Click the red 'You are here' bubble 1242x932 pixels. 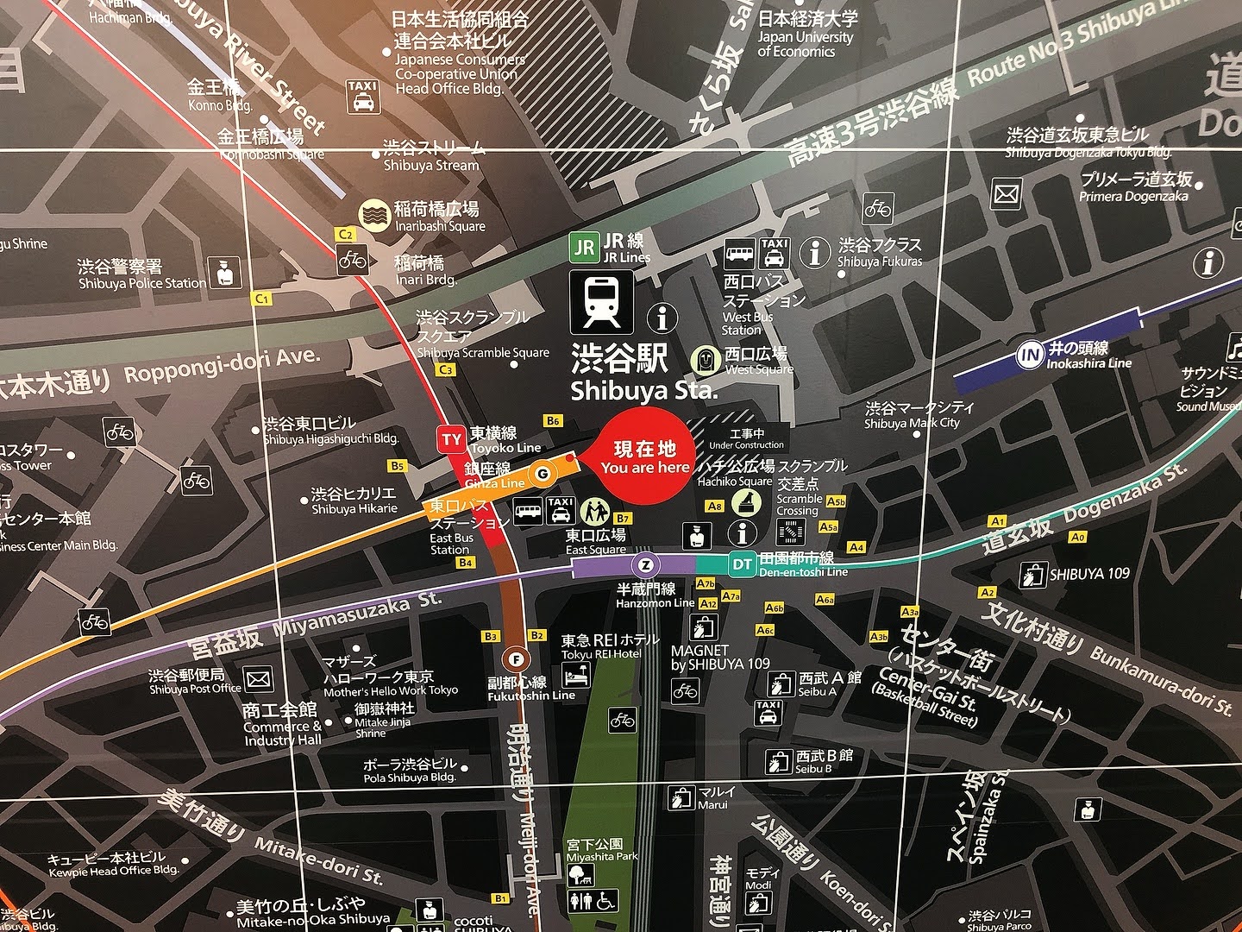pos(645,457)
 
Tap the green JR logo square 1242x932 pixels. pos(584,248)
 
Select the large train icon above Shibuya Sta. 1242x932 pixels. pos(601,302)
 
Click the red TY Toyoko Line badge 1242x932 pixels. pos(451,439)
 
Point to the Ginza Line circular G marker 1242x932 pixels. pos(542,473)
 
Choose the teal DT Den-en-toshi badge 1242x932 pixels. pos(742,565)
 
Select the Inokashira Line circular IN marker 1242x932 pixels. pos(1028,355)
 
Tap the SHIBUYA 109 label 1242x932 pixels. pos(1088,574)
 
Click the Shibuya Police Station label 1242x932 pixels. pos(142,274)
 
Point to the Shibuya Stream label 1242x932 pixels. pos(430,156)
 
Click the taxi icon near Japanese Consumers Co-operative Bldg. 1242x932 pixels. pos(362,96)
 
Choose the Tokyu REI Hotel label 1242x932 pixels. pos(610,646)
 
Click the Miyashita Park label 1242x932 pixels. pos(601,850)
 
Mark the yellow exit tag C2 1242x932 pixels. pos(346,234)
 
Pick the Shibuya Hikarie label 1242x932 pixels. pos(354,501)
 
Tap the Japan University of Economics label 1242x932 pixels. pos(806,35)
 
